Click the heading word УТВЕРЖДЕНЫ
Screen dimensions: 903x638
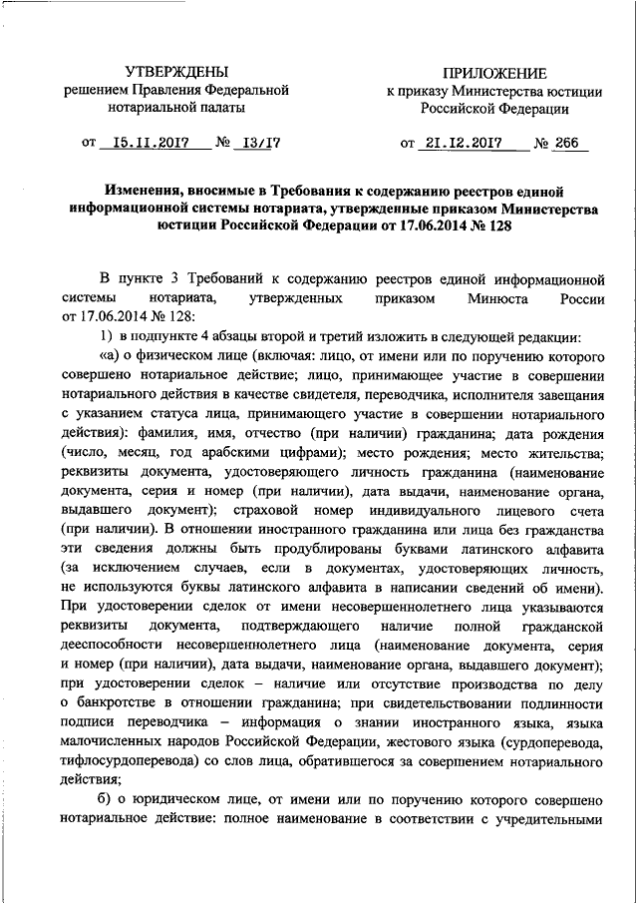(176, 72)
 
